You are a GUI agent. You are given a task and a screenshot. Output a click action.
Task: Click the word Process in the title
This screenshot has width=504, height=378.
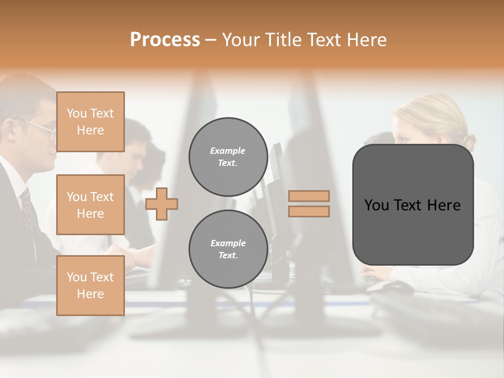[x=165, y=39]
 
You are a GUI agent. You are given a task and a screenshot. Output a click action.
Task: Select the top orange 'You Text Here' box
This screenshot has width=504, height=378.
[x=90, y=122]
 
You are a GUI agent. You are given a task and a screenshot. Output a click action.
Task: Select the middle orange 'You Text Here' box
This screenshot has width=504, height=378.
[x=90, y=205]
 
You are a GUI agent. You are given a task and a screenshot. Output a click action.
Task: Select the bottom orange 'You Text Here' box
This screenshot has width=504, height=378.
[x=90, y=285]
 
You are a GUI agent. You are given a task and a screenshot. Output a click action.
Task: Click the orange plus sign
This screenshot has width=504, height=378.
[x=162, y=204]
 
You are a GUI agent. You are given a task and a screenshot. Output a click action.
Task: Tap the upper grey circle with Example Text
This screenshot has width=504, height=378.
[x=228, y=156]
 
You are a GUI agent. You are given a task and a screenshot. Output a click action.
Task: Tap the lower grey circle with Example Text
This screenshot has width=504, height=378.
[x=228, y=249]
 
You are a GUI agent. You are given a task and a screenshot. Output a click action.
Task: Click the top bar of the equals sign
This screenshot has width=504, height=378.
[x=309, y=196]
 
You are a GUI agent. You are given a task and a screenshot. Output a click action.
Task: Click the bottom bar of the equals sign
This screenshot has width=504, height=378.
[x=309, y=211]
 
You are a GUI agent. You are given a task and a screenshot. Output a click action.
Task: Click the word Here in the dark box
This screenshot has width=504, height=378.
[x=444, y=205]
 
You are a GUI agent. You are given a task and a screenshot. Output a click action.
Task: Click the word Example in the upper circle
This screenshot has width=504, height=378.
[x=228, y=151]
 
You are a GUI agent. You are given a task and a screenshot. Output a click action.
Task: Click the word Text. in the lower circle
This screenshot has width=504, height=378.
[x=228, y=255]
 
